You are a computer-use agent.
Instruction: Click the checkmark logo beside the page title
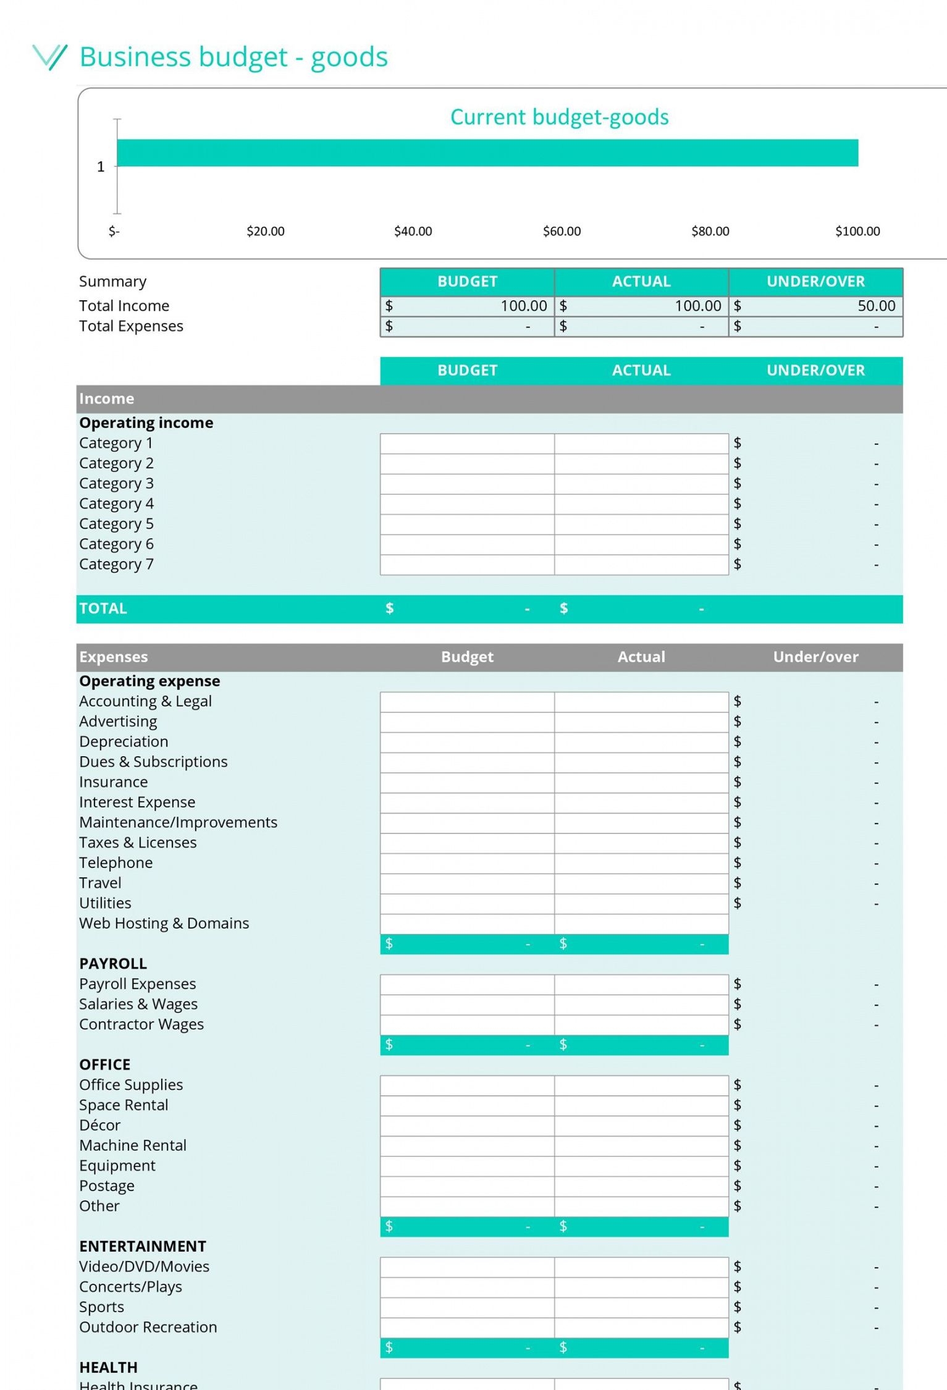click(x=49, y=57)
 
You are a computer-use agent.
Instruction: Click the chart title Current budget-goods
click(x=559, y=117)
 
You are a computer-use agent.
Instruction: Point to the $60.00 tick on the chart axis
click(x=562, y=231)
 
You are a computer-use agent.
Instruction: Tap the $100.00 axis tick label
click(x=857, y=231)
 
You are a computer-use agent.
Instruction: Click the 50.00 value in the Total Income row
click(x=876, y=306)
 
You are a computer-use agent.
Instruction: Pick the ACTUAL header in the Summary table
click(x=641, y=282)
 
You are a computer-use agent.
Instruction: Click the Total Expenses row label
click(x=131, y=326)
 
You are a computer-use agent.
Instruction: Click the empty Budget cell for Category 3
click(x=467, y=484)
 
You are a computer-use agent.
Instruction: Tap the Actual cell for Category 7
click(x=641, y=565)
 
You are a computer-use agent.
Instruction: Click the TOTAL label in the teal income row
click(x=103, y=609)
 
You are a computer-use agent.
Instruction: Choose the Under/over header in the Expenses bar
click(x=815, y=657)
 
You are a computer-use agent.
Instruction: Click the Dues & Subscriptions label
click(x=153, y=762)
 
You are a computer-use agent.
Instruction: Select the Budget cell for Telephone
click(x=467, y=863)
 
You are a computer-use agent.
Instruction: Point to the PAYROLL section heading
click(x=112, y=964)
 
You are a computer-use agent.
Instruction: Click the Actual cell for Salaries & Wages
click(x=641, y=1005)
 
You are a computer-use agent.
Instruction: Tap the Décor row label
click(x=99, y=1126)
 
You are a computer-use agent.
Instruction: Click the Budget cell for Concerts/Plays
click(x=467, y=1287)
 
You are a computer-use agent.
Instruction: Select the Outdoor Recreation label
click(x=148, y=1327)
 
